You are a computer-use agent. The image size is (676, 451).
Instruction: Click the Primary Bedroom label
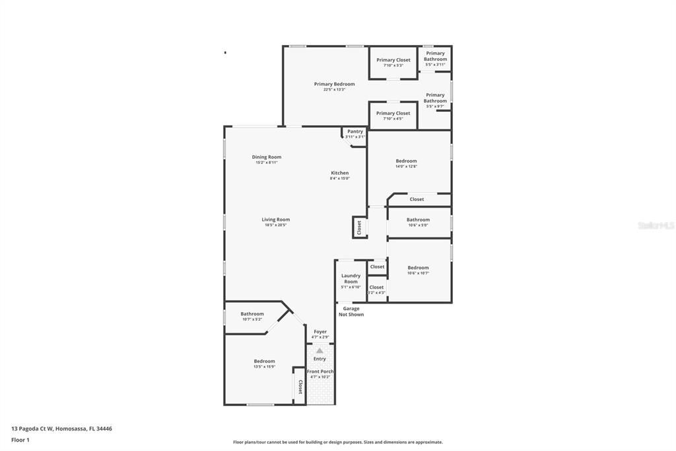point(334,84)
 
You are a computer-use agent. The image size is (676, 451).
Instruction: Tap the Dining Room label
point(267,157)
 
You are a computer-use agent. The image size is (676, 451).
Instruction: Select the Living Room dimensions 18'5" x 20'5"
point(275,225)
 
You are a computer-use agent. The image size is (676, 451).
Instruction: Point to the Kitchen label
point(339,173)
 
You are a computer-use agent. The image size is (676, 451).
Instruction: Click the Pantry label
point(355,132)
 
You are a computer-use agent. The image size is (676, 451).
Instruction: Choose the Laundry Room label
point(351,278)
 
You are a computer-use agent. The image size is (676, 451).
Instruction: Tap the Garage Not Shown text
point(351,311)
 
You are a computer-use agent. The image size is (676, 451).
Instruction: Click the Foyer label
point(320,331)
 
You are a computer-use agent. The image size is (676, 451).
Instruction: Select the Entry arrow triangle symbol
point(320,350)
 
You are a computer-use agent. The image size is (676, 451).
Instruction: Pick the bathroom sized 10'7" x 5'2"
point(252,316)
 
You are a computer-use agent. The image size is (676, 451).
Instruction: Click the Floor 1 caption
point(20,440)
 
